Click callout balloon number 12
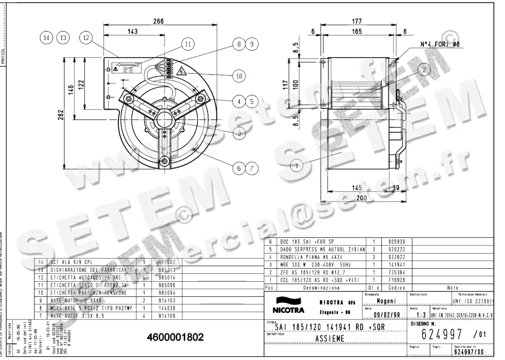point(86,37)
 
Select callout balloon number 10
point(239,76)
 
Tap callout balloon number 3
point(239,133)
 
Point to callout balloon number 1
point(297,166)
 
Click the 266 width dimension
point(158,21)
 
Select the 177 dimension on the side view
point(357,21)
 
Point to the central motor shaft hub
point(163,121)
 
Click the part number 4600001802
point(175,337)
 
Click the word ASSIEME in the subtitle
point(330,338)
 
